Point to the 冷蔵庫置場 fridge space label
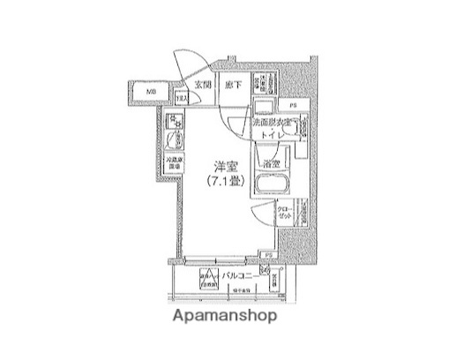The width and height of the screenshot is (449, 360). pyautogui.click(x=175, y=163)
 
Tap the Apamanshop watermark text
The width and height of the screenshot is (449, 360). pyautogui.click(x=224, y=315)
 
